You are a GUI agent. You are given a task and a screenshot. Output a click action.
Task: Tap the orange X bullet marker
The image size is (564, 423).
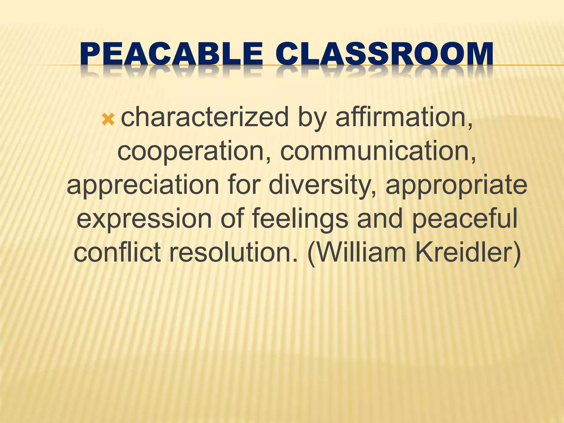pyautogui.click(x=108, y=120)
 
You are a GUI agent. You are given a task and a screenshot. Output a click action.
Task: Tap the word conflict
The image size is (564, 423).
pyautogui.click(x=117, y=252)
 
